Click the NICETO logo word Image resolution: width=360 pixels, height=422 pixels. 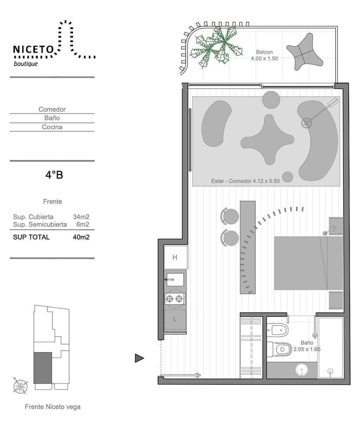(x=33, y=50)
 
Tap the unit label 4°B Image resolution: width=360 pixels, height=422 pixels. (x=54, y=175)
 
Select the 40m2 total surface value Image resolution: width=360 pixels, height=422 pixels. (x=81, y=237)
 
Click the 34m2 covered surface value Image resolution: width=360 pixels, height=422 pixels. (x=81, y=217)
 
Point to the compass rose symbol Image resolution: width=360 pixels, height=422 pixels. (x=20, y=385)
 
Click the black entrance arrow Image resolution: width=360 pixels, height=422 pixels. (x=139, y=358)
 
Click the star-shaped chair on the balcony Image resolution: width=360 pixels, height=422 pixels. (x=304, y=52)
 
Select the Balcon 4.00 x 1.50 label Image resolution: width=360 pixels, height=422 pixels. (x=264, y=55)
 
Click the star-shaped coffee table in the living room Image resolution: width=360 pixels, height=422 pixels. (x=267, y=140)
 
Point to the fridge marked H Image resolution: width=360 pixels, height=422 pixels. (x=176, y=257)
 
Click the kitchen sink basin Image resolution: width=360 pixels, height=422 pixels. (x=175, y=279)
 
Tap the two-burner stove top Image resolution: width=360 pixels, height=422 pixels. (x=175, y=299)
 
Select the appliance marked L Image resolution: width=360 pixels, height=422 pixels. (x=175, y=319)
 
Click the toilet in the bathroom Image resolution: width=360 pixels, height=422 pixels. (x=280, y=349)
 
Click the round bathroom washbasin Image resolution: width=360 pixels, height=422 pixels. (x=302, y=370)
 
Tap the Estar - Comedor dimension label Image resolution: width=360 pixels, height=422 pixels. (x=245, y=181)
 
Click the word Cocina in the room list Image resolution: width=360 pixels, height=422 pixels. (x=52, y=127)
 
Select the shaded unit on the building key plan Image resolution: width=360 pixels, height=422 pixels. (x=43, y=368)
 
